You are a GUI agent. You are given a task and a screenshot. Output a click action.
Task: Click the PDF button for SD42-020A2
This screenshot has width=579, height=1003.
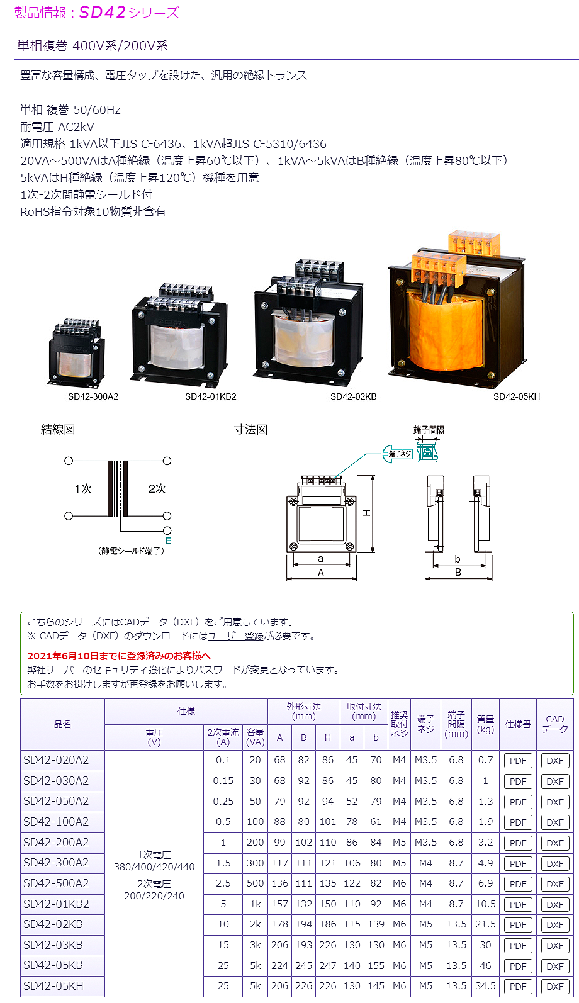518,761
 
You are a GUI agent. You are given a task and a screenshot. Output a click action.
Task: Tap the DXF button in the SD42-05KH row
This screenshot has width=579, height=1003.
555,987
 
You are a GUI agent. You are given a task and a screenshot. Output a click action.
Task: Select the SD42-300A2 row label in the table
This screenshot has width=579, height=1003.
56,863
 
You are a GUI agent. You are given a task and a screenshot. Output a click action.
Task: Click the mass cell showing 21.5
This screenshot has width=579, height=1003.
485,924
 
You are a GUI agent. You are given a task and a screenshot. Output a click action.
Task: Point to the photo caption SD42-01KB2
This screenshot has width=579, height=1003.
210,396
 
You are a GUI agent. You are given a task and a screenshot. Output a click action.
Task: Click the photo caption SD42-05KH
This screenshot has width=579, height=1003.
516,396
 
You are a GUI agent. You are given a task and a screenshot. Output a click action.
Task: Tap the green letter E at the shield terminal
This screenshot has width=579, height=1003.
169,541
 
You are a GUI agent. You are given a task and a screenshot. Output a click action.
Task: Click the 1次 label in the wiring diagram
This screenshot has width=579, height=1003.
83,488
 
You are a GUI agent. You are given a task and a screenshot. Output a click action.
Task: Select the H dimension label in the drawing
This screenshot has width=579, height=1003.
366,513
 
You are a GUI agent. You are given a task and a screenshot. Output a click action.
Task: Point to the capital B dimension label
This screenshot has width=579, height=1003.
458,572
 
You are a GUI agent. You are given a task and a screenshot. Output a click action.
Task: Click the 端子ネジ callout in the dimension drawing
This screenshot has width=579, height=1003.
400,454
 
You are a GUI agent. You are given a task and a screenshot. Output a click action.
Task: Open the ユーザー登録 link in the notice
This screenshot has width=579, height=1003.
235,636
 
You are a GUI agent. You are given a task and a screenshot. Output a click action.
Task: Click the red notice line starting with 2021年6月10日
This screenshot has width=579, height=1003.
119,656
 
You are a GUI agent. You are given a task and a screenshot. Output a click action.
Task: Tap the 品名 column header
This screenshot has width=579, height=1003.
62,724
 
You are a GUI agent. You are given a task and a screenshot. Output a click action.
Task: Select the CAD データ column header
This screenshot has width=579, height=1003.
555,724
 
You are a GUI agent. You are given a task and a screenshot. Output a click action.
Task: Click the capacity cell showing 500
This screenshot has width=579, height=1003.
256,883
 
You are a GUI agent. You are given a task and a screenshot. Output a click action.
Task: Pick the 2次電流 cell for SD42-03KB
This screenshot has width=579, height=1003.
223,944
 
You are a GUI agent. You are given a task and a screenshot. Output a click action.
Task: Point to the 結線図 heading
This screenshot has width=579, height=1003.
58,430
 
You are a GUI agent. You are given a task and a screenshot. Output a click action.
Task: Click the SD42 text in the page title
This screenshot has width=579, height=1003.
102,12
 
